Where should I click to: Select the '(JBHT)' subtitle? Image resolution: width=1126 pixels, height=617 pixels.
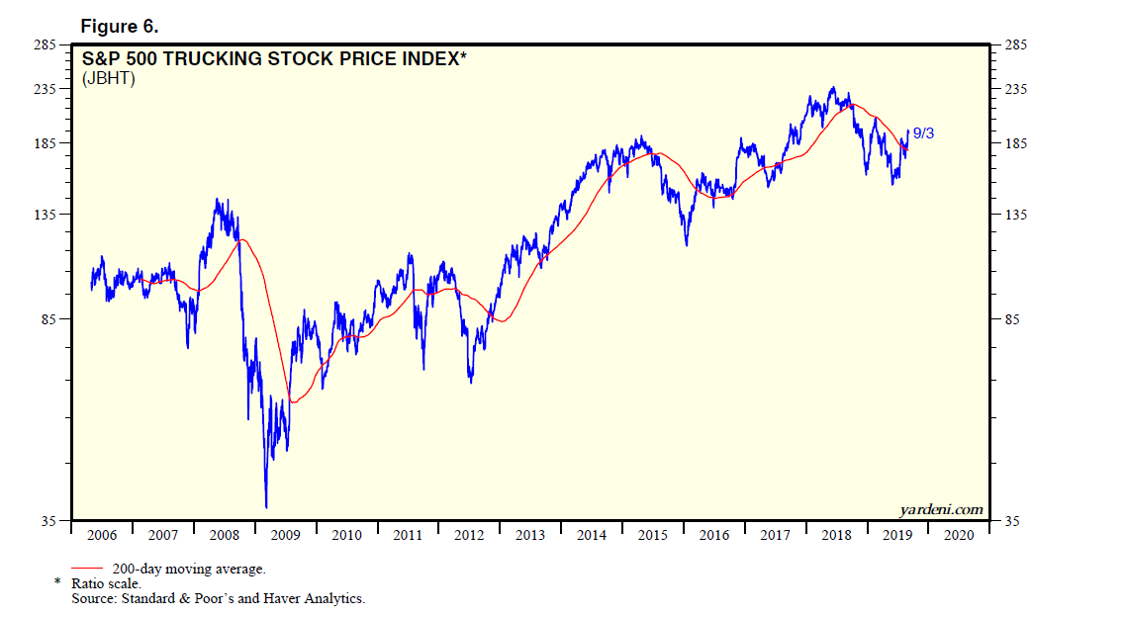pyautogui.click(x=108, y=78)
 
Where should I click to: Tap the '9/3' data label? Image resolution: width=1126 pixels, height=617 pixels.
pyautogui.click(x=922, y=132)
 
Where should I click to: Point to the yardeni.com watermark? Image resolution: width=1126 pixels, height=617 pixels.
pyautogui.click(x=941, y=510)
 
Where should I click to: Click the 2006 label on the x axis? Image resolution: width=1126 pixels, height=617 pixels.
pyautogui.click(x=102, y=535)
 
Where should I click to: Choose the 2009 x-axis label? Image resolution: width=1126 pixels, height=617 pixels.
pyautogui.click(x=285, y=535)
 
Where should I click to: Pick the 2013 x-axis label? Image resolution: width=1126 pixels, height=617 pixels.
pyautogui.click(x=530, y=535)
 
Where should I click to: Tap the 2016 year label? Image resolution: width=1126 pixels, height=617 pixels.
pyautogui.click(x=714, y=535)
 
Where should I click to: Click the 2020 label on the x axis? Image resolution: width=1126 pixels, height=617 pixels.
pyautogui.click(x=959, y=535)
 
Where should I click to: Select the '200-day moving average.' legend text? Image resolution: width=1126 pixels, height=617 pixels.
pyautogui.click(x=189, y=569)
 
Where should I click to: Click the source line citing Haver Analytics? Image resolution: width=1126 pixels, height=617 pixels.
pyautogui.click(x=218, y=598)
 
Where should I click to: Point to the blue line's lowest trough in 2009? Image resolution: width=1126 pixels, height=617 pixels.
pyautogui.click(x=266, y=507)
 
